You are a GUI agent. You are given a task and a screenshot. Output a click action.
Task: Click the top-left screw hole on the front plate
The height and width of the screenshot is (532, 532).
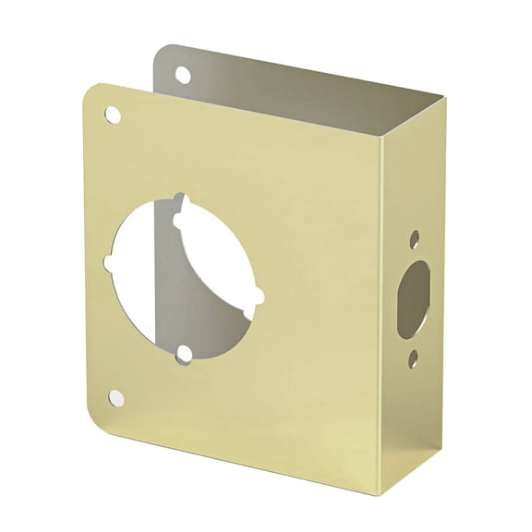point(112,115)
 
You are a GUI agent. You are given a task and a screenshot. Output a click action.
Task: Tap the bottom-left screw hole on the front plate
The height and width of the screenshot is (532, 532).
point(115,398)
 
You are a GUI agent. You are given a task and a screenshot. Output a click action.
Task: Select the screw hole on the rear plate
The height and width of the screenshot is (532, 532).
point(182,75)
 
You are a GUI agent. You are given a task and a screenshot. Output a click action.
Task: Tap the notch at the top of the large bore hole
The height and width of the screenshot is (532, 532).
point(182,199)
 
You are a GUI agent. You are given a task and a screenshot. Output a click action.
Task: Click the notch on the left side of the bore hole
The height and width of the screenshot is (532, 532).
point(111,263)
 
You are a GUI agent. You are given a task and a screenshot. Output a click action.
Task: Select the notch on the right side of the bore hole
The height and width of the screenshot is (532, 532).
point(258,296)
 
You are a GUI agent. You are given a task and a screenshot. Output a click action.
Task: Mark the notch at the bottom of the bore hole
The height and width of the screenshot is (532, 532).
point(185,354)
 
